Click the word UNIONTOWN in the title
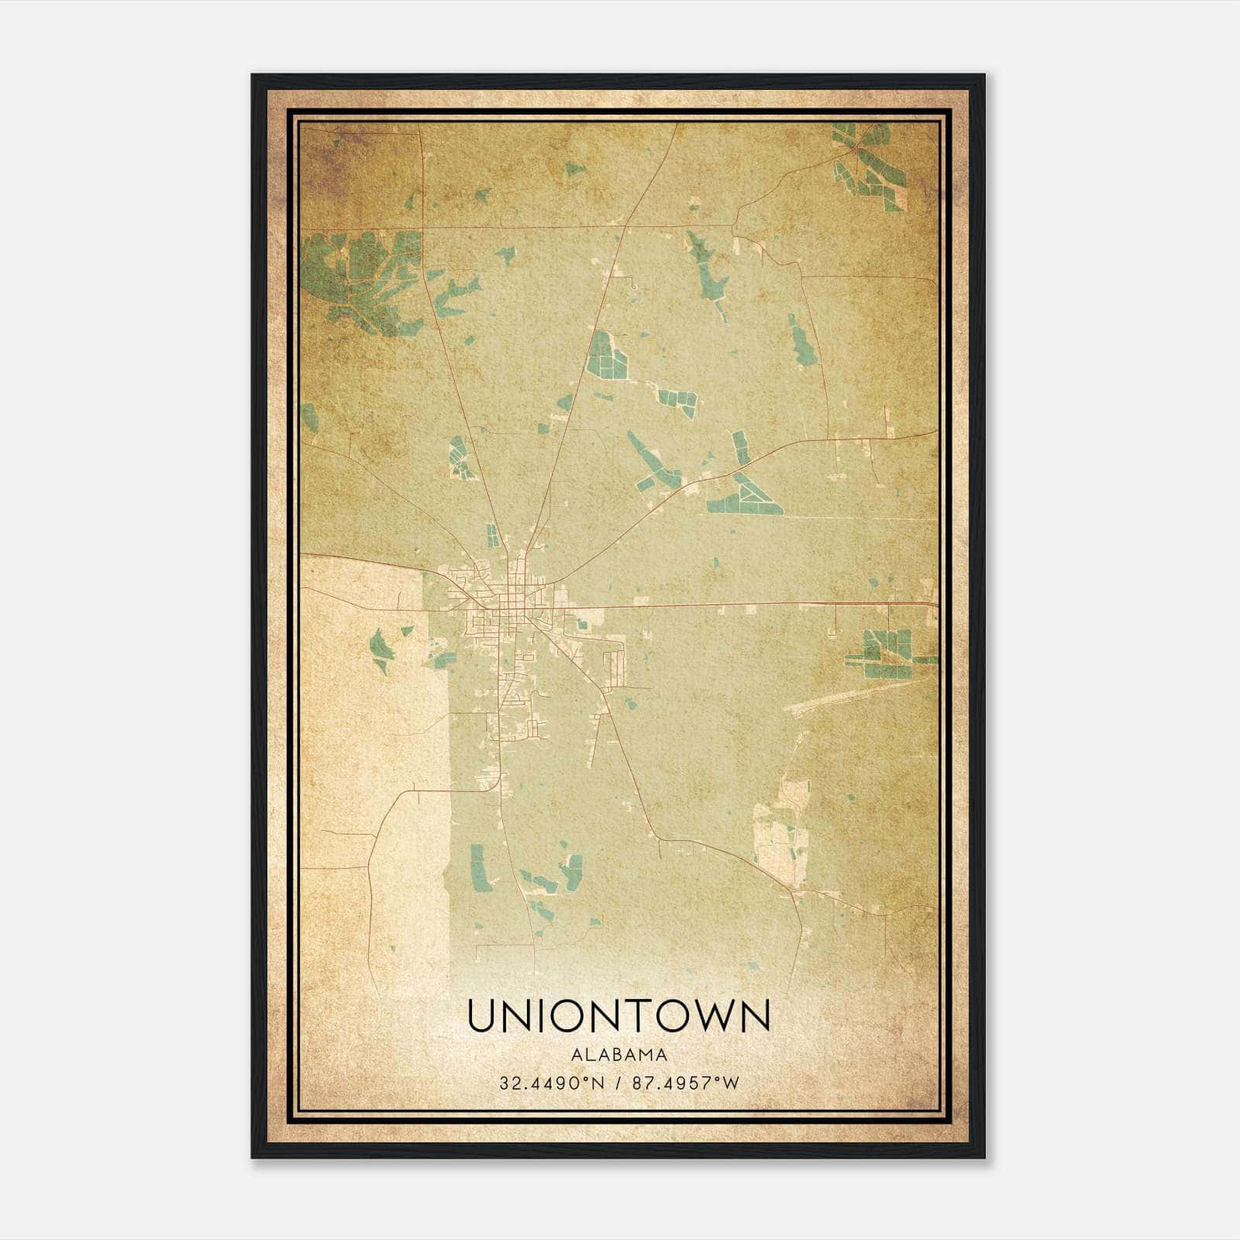pyautogui.click(x=618, y=1016)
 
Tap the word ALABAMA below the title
pyautogui.click(x=618, y=1055)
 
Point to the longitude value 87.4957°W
pyautogui.click(x=686, y=1083)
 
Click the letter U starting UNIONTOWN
pyautogui.click(x=481, y=1016)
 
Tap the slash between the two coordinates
pyautogui.click(x=617, y=1083)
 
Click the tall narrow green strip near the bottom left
pyautogui.click(x=478, y=866)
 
